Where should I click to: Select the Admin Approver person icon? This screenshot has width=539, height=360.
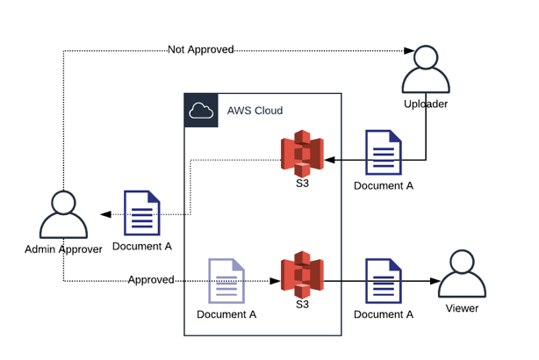62,215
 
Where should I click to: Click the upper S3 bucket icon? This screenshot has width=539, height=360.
302,152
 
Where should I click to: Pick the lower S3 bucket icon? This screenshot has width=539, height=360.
302,274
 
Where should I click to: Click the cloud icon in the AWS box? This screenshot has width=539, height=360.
201,111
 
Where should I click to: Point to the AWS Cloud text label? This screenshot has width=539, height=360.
254,112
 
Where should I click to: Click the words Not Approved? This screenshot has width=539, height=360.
201,50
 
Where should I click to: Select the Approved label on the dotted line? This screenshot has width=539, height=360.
151,280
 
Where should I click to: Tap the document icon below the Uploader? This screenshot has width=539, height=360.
383,152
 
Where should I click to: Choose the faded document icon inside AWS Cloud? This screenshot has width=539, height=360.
225,281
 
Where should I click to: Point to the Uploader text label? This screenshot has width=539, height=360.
426,104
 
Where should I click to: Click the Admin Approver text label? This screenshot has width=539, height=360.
63,249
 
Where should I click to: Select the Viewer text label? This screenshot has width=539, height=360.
462,308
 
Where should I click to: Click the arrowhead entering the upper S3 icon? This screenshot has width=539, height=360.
328,161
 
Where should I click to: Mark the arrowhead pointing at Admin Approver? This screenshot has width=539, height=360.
105,214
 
